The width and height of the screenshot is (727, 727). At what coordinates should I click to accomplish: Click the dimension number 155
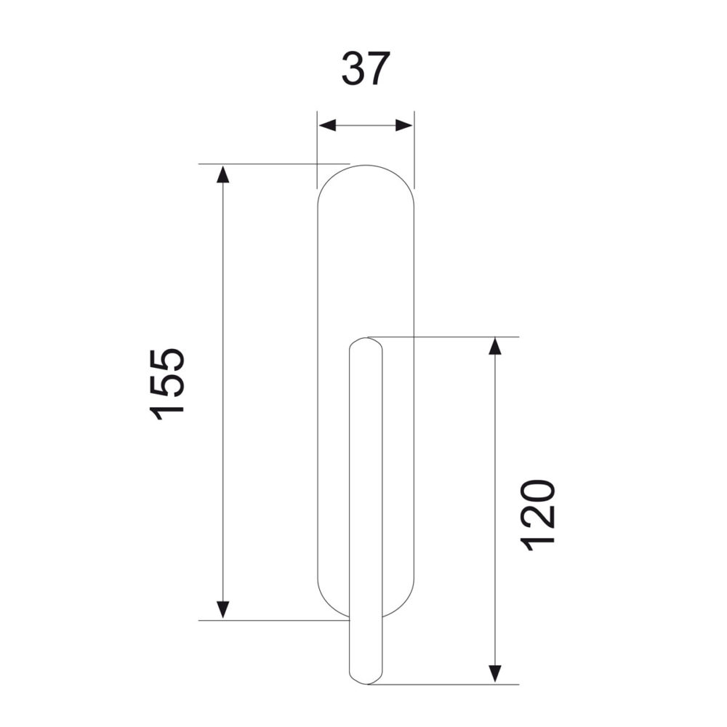tap(167, 384)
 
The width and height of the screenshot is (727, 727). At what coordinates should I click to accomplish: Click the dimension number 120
tap(537, 515)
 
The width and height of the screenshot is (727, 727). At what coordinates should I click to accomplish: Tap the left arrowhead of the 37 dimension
tap(327, 125)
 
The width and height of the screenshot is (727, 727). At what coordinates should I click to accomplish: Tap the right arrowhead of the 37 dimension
tap(403, 125)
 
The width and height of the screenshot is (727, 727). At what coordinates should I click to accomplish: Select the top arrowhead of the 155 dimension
tap(223, 174)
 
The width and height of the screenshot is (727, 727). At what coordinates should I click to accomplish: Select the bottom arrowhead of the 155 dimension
tap(223, 610)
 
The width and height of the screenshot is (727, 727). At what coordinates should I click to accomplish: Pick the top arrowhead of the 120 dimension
tap(495, 346)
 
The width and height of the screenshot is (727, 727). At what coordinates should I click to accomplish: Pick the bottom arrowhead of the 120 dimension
tap(495, 674)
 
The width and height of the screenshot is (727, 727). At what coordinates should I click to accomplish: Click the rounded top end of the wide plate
tap(366, 166)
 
